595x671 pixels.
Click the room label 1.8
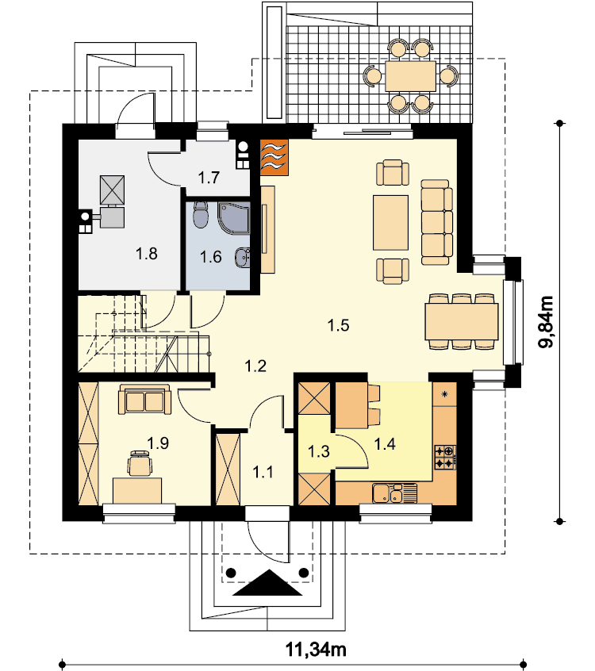pos(147,254)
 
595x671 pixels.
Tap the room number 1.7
pos(209,177)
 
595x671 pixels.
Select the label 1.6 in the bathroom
pos(210,257)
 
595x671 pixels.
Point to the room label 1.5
pos(338,325)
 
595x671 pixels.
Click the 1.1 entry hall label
pos(263,473)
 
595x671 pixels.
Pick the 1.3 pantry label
pos(319,451)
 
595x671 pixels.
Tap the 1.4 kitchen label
pos(385,444)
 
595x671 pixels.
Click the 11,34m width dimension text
pos(316,649)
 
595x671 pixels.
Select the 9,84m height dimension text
pos(546,322)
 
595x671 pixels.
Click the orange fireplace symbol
pos(274,158)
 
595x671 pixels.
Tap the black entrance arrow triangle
pos(268,583)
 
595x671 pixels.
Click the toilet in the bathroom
pos(200,214)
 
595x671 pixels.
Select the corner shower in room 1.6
pos(234,218)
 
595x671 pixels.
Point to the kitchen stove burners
pos(445,457)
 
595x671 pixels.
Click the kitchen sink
pos(393,493)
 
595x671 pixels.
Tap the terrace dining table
pos(410,76)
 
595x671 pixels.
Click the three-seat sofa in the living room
pos(436,222)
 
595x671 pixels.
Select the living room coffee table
pos(390,223)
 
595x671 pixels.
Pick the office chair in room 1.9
pos(140,463)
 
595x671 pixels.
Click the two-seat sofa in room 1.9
pos(144,399)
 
